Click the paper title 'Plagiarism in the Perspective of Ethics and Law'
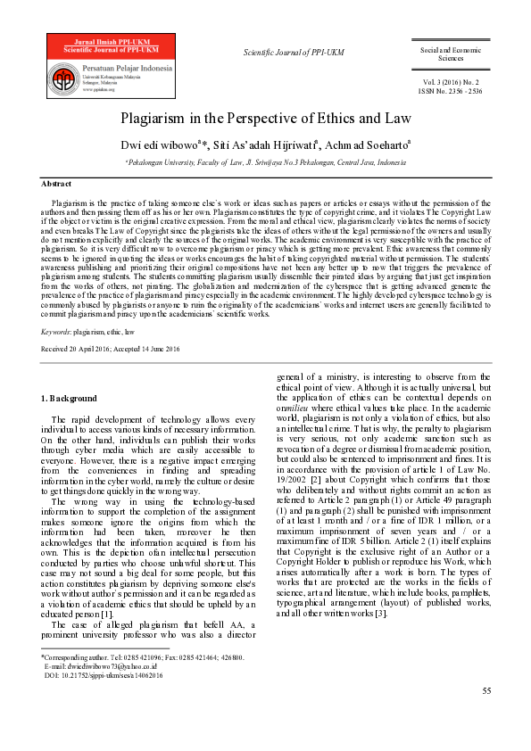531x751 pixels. [265, 117]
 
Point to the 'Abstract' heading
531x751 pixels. [57, 184]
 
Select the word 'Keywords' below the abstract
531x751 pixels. [56, 331]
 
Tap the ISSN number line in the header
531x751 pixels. [453, 90]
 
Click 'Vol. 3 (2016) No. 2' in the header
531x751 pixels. [453, 80]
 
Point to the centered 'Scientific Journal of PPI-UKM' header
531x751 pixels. [294, 54]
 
